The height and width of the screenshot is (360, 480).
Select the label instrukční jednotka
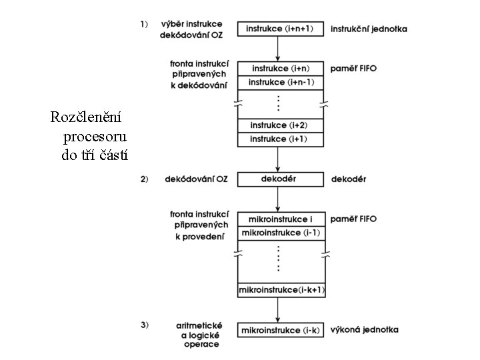click(369, 29)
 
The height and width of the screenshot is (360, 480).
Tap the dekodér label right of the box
click(349, 179)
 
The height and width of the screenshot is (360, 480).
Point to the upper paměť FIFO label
click(353, 69)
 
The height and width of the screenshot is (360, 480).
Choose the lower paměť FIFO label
click(353, 219)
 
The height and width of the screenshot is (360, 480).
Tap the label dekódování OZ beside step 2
click(197, 179)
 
